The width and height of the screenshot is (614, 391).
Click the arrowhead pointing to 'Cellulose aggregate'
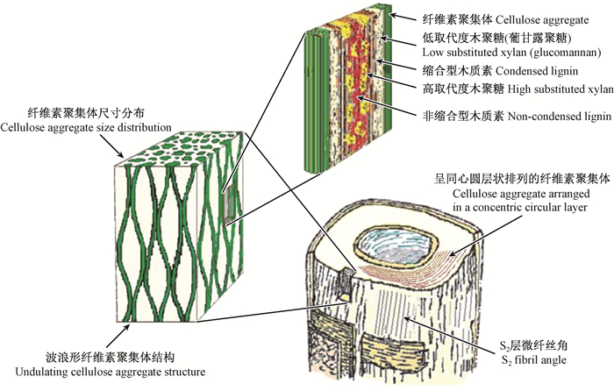[395, 15]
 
